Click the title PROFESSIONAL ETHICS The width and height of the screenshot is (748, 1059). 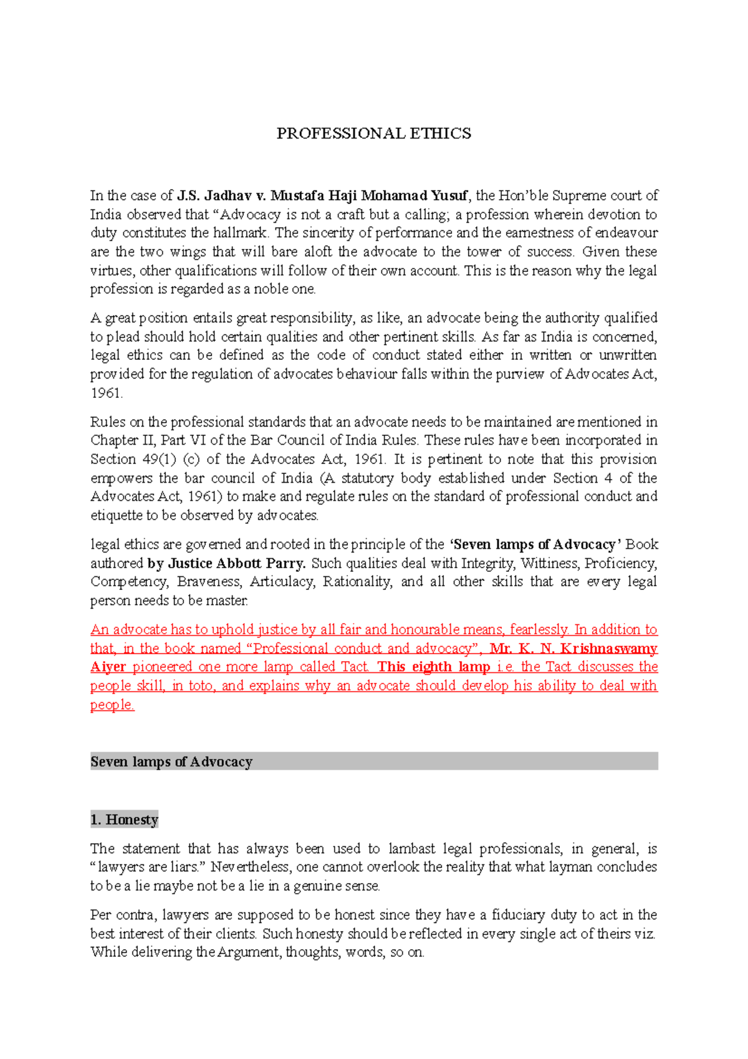[x=373, y=133]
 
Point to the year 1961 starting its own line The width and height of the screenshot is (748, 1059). [x=106, y=394]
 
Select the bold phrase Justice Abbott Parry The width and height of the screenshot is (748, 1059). [x=237, y=564]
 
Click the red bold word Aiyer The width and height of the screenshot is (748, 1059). [x=108, y=667]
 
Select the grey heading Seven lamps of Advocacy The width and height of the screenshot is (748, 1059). [x=171, y=762]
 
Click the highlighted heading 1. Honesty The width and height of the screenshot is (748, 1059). [x=124, y=820]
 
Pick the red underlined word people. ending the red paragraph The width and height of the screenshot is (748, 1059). [x=112, y=705]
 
